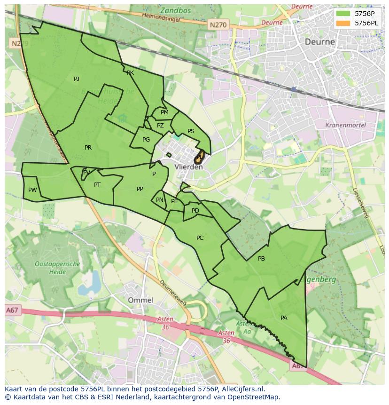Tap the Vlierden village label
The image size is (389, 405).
188,167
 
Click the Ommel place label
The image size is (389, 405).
140,300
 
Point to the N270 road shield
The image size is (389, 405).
218,24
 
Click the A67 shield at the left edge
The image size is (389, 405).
12,310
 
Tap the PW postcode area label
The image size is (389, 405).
32,190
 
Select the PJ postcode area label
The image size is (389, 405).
77,79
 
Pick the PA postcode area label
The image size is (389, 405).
284,318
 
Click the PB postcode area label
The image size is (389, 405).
262,259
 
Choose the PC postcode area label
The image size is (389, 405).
200,238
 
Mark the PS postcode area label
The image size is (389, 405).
191,131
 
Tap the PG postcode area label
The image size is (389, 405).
146,140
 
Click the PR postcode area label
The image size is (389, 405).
88,148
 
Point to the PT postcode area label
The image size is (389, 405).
97,185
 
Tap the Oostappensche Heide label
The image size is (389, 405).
57,268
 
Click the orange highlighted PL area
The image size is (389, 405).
200,156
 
